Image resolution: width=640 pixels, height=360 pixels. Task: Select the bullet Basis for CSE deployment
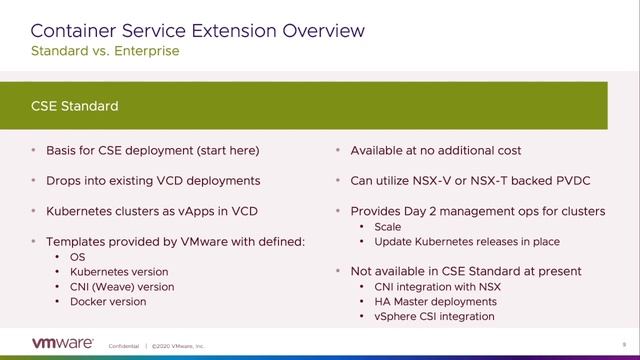pyautogui.click(x=152, y=150)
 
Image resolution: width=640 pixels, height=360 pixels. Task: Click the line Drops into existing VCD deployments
pyautogui.click(x=153, y=181)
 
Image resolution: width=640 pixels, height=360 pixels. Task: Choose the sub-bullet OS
pyautogui.click(x=78, y=257)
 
